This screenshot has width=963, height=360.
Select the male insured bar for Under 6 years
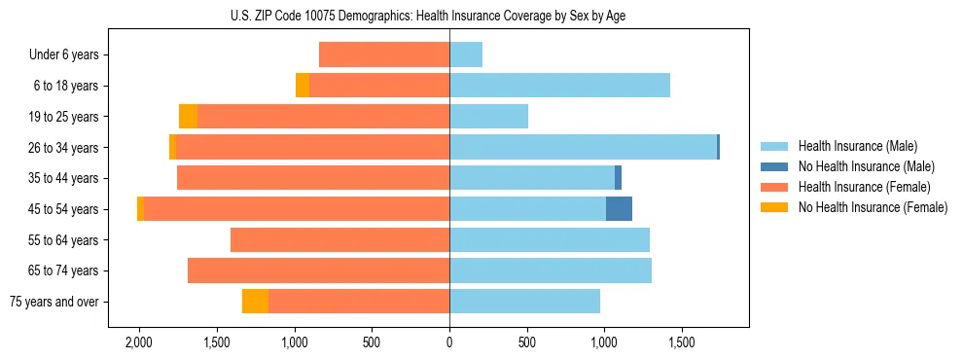(466, 55)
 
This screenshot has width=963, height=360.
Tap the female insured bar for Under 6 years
(384, 55)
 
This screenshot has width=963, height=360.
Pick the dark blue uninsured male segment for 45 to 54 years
(619, 209)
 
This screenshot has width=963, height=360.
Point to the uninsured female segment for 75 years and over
(255, 302)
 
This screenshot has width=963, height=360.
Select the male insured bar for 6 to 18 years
(559, 86)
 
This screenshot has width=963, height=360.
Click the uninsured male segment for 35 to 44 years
(618, 178)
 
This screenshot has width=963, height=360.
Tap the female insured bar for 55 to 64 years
(339, 240)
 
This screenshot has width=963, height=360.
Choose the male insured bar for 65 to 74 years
(551, 270)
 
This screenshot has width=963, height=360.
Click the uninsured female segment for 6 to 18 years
(303, 86)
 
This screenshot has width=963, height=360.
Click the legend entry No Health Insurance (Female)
(872, 207)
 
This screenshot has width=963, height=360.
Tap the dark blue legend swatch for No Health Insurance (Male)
(774, 166)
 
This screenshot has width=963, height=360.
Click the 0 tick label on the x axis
(449, 343)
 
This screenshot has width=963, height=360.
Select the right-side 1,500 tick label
(681, 343)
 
